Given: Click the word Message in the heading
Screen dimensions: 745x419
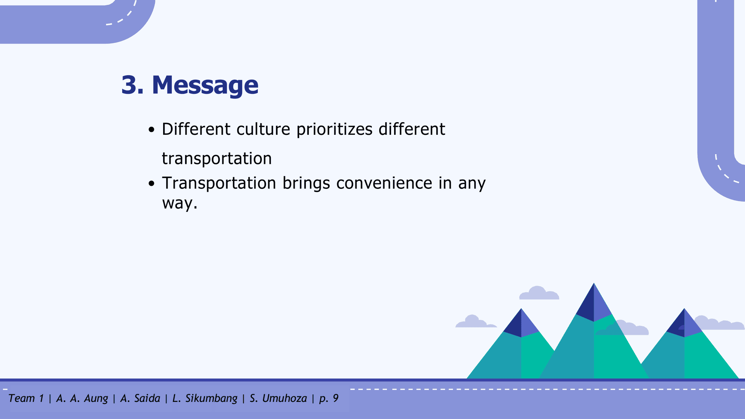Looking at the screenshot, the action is [x=205, y=85].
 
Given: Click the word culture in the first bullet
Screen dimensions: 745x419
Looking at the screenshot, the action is [x=263, y=129].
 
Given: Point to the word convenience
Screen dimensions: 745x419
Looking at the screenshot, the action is [x=384, y=183].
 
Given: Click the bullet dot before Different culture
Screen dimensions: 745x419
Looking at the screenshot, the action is [x=151, y=130].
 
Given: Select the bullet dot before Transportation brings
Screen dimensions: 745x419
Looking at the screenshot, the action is [x=151, y=184].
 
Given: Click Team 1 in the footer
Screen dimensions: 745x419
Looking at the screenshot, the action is [x=26, y=398].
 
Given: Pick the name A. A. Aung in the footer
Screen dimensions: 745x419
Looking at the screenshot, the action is [x=82, y=399].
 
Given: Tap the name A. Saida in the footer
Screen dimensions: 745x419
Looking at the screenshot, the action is [x=140, y=398].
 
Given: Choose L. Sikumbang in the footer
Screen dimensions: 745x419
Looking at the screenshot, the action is [x=205, y=399].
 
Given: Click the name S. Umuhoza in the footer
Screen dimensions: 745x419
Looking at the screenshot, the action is [x=278, y=398].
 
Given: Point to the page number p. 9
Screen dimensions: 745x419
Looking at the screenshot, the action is [x=329, y=399].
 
